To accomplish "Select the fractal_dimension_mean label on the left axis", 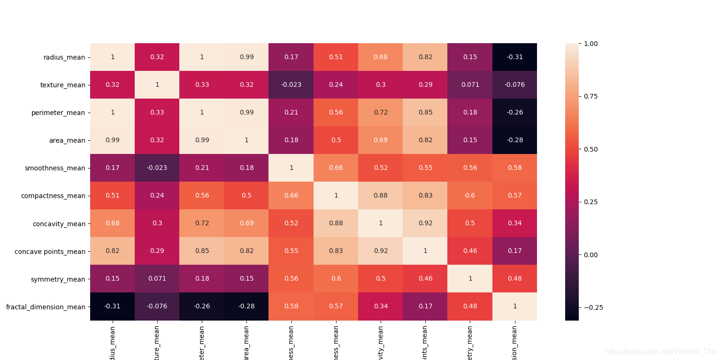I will coord(46,307).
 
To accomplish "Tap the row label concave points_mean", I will coord(50,252).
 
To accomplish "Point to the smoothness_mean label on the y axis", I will coord(55,168).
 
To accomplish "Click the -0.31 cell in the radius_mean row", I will coord(514,57).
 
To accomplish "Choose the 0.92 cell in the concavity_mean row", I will coord(425,223).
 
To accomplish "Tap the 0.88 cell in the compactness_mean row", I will coord(381,196).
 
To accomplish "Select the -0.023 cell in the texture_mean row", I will coord(291,85).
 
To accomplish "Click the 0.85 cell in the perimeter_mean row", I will coord(425,113).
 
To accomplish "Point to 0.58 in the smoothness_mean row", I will coord(514,168).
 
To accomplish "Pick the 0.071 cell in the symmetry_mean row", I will coord(157,279).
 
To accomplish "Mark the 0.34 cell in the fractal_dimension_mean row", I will coord(381,306).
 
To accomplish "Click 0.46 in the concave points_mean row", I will coord(470,251).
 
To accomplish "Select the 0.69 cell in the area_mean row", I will coord(381,140).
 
